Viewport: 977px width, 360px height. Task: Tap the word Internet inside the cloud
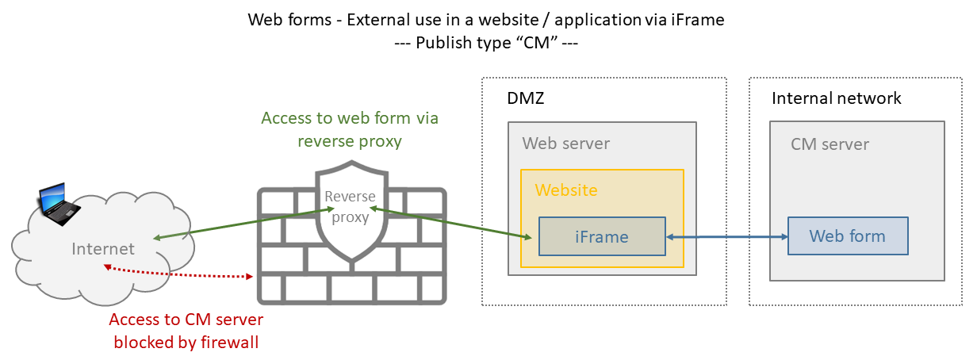(103, 249)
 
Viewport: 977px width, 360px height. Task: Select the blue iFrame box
(602, 236)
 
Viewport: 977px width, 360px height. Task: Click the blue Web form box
(847, 236)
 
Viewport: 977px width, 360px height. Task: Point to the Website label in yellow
(566, 190)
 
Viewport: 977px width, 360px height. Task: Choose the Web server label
(566, 144)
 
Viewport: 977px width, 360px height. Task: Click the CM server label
(829, 144)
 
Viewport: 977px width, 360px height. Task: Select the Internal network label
(837, 98)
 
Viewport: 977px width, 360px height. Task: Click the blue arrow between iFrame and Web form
(726, 236)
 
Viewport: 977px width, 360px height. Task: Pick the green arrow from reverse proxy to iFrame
(449, 223)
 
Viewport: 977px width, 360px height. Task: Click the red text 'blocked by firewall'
(186, 343)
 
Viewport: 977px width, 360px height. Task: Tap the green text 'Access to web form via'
(350, 118)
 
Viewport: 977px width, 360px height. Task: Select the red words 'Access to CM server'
(186, 320)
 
